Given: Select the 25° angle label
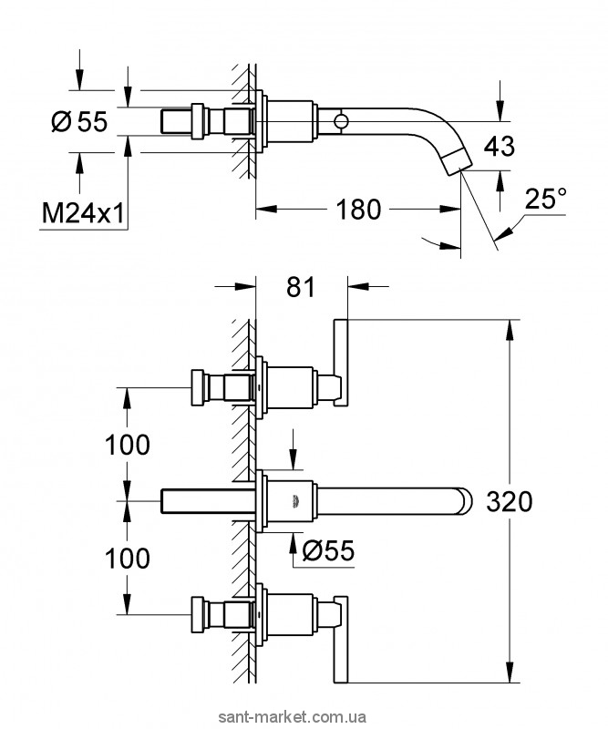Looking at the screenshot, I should pos(547,198).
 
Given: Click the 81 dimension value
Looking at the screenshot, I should pos(300,287).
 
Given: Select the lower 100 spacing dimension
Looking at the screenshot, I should pos(128,558).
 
